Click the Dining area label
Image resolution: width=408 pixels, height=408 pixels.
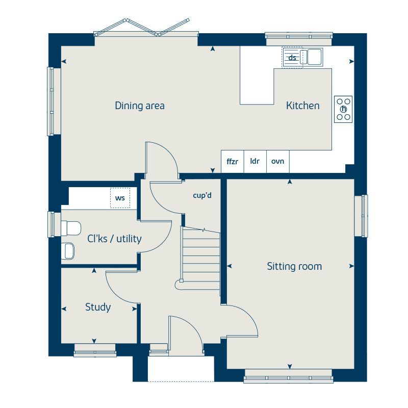pos(139,106)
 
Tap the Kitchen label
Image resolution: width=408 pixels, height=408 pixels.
pos(302,106)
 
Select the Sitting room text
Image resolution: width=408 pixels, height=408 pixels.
pos(294,266)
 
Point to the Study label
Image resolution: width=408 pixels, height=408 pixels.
pos(98,307)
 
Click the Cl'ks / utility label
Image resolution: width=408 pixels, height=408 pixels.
pos(114,239)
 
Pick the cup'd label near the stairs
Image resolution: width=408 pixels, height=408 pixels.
pos(202,195)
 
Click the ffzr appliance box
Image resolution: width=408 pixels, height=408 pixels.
pos(232,161)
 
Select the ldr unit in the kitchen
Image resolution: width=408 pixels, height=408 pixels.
pos(254,161)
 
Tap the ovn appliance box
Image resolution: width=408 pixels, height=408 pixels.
pos(277,161)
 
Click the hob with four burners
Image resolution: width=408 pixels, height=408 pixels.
pos(343,109)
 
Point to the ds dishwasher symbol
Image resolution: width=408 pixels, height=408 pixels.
pos(292,58)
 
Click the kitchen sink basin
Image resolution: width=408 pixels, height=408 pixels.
pos(313,57)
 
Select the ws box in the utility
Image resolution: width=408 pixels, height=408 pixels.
pos(120,198)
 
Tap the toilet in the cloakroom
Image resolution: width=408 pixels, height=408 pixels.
pos(70,227)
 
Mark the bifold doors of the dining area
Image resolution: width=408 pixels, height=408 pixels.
pos(146,28)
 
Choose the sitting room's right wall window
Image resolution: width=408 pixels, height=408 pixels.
pos(362,215)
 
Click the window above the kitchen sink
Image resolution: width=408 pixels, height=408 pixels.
pos(299,36)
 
